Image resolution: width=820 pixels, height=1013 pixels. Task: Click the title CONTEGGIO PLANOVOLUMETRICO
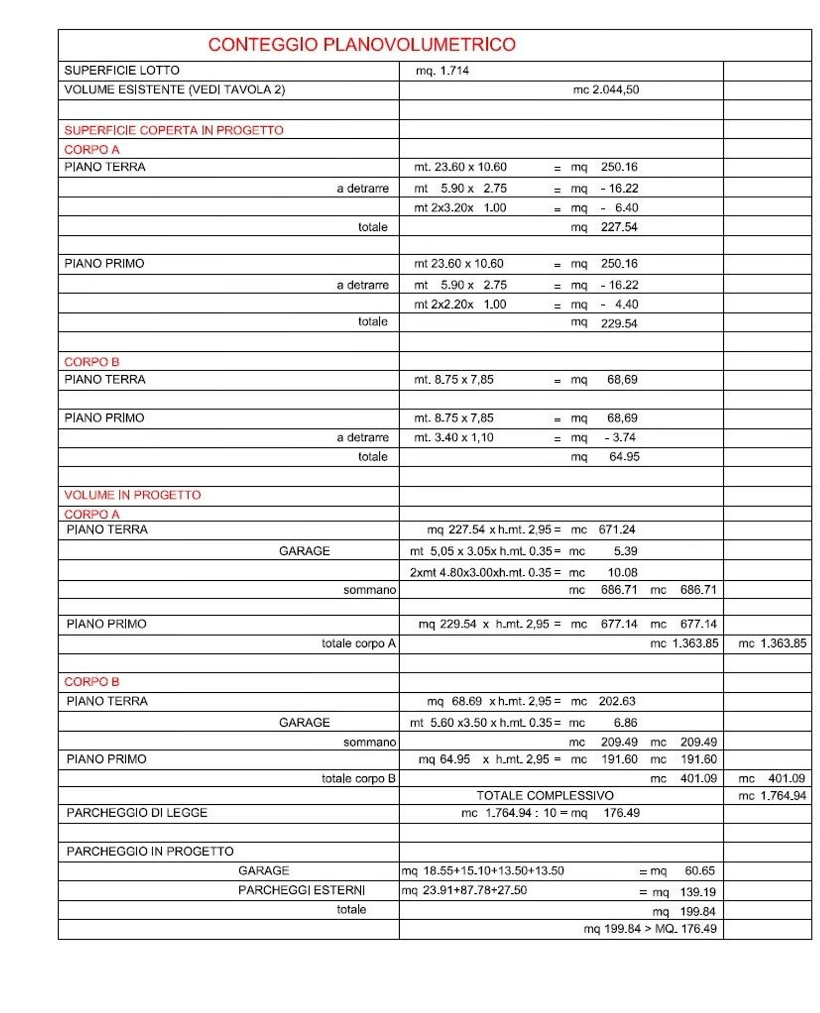[361, 45]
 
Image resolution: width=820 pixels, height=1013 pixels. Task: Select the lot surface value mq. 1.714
[442, 71]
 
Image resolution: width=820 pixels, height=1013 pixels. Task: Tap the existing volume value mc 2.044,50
[606, 90]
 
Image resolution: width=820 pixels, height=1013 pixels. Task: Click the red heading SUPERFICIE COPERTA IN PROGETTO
[174, 131]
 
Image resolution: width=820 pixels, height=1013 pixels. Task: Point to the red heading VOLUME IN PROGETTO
[132, 495]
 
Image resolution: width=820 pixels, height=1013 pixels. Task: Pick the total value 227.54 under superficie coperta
[619, 227]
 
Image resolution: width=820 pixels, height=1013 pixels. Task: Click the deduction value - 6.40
[619, 208]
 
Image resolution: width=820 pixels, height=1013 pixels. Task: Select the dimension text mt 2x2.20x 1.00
[460, 304]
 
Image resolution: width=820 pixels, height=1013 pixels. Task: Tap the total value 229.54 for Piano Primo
[619, 323]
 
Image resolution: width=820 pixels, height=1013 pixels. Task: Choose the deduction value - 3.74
[620, 438]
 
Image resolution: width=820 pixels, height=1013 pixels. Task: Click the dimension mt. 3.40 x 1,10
[454, 438]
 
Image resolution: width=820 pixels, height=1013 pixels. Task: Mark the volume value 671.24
[617, 530]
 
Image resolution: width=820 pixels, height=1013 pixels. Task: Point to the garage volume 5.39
[625, 551]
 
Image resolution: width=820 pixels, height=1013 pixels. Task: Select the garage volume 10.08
[622, 573]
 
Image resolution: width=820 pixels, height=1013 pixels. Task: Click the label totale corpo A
[359, 644]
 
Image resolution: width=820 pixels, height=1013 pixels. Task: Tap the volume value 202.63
[617, 702]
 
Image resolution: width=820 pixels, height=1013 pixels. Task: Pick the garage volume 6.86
[625, 723]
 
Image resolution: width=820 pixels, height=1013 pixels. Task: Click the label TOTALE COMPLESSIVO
[544, 796]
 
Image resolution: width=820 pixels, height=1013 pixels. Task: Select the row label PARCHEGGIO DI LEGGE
[137, 813]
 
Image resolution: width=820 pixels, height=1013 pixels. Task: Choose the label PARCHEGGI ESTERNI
[301, 891]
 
